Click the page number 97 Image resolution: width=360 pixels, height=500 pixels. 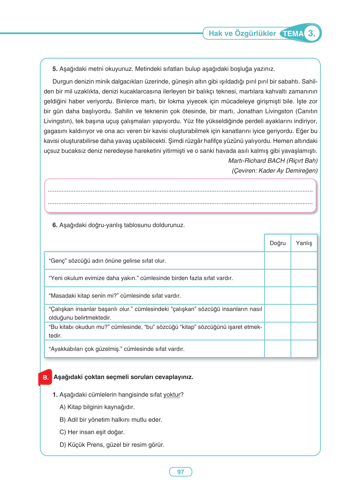pos(180,472)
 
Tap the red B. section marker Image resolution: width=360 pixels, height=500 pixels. pos(45,377)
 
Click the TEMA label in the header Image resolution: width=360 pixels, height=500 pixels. pos(293,33)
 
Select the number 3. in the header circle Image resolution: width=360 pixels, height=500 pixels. pos(311,33)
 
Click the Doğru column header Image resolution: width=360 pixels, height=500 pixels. pos(277,243)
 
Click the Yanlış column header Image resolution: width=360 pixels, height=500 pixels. pos(304,243)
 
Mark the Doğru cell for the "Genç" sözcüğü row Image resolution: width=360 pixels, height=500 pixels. pos(277,261)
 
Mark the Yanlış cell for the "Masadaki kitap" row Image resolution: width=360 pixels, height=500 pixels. pos(304,295)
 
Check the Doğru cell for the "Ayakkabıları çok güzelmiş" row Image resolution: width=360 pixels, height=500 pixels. pos(277,349)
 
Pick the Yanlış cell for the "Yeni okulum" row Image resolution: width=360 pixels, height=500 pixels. pos(304,278)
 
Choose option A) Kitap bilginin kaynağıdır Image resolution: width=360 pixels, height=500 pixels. pos(97,407)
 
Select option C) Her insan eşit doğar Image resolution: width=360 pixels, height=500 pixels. pos(92,432)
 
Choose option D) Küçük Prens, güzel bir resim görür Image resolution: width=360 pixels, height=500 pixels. pos(112,445)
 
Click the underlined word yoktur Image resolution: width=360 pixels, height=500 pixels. pos(172,395)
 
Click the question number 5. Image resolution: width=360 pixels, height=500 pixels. pos(55,69)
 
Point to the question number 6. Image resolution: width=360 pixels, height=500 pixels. pos(55,225)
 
